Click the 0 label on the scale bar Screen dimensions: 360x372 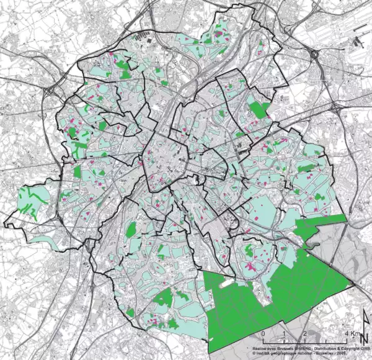(263, 333)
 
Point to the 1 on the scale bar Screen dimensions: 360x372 (285, 333)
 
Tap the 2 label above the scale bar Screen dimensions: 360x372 (305, 333)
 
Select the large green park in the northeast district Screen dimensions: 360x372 (259, 110)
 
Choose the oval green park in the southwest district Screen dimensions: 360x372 (131, 230)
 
